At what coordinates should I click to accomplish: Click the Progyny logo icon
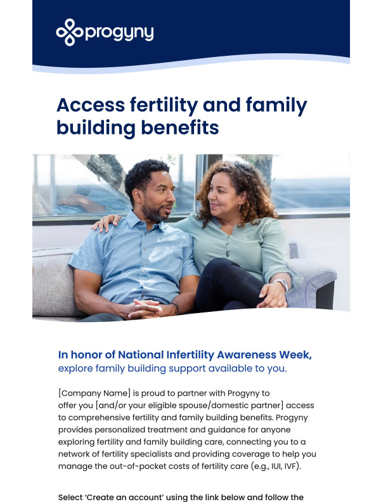tap(69, 32)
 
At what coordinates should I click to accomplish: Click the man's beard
tap(153, 211)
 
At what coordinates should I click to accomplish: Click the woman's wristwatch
tap(281, 285)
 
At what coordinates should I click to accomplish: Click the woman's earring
tap(240, 207)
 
